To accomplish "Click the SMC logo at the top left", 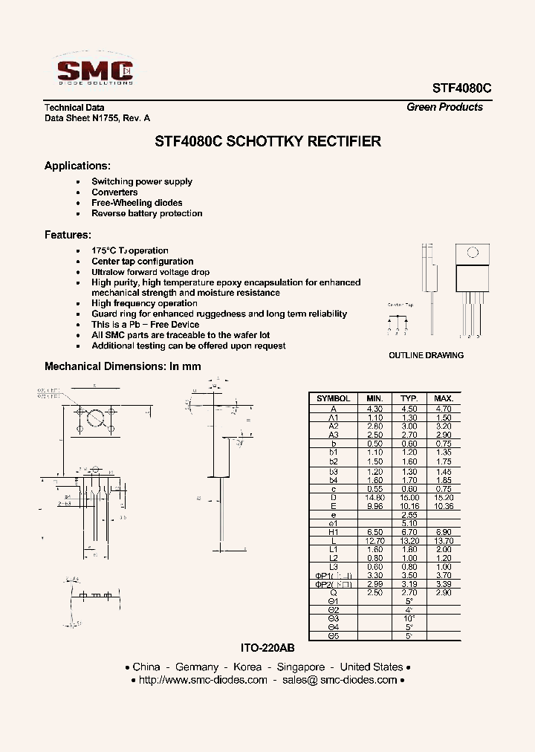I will click(x=95, y=71).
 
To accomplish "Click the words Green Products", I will click(x=444, y=107).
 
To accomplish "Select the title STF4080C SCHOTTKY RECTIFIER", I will click(x=267, y=141).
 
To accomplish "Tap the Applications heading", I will click(x=77, y=166).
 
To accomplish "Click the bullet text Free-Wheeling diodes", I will click(x=137, y=203).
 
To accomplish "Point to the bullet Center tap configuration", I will click(x=142, y=262).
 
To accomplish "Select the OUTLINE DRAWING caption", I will click(x=426, y=355).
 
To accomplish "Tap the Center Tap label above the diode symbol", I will click(x=401, y=305).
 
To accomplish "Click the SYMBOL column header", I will click(x=333, y=399).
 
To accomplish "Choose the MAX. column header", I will click(x=444, y=399).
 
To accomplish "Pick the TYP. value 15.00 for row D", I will click(x=409, y=497).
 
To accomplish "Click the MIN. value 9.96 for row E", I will click(x=374, y=506).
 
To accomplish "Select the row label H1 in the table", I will click(x=333, y=532).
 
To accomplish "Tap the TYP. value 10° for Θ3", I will click(x=409, y=618).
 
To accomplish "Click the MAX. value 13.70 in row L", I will click(x=444, y=541).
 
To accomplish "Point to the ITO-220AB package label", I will click(x=267, y=649).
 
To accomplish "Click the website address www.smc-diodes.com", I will click(x=203, y=680).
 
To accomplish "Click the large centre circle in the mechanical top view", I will click(x=95, y=418).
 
